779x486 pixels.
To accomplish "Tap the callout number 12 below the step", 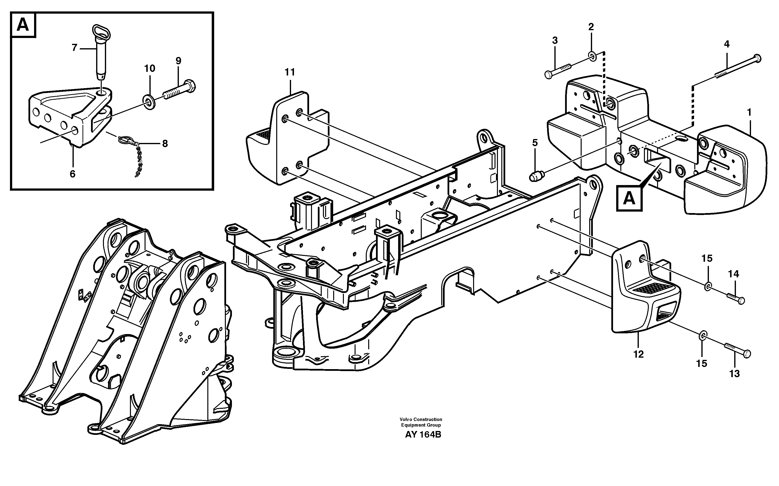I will tap(638, 354).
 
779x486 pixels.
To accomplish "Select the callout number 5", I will tap(534, 143).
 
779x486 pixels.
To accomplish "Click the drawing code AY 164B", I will tap(423, 435).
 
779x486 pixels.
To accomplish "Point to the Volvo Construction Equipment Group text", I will tap(421, 422).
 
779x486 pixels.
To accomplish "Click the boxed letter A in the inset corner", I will tap(23, 25).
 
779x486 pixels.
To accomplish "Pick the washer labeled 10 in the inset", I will tap(149, 102).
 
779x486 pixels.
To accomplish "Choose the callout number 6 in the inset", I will tap(72, 174).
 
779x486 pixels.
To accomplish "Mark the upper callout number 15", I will tap(707, 258).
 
